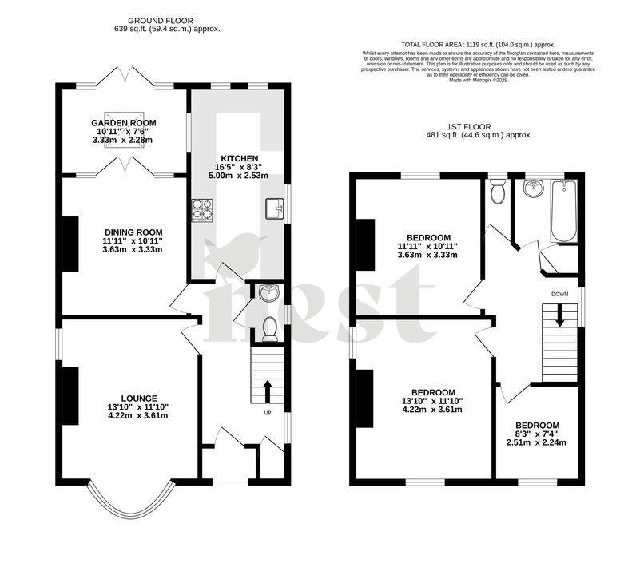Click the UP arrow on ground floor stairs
[268, 392]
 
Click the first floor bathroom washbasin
[532, 189]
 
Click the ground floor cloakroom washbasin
[270, 293]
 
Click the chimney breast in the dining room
[71, 244]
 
